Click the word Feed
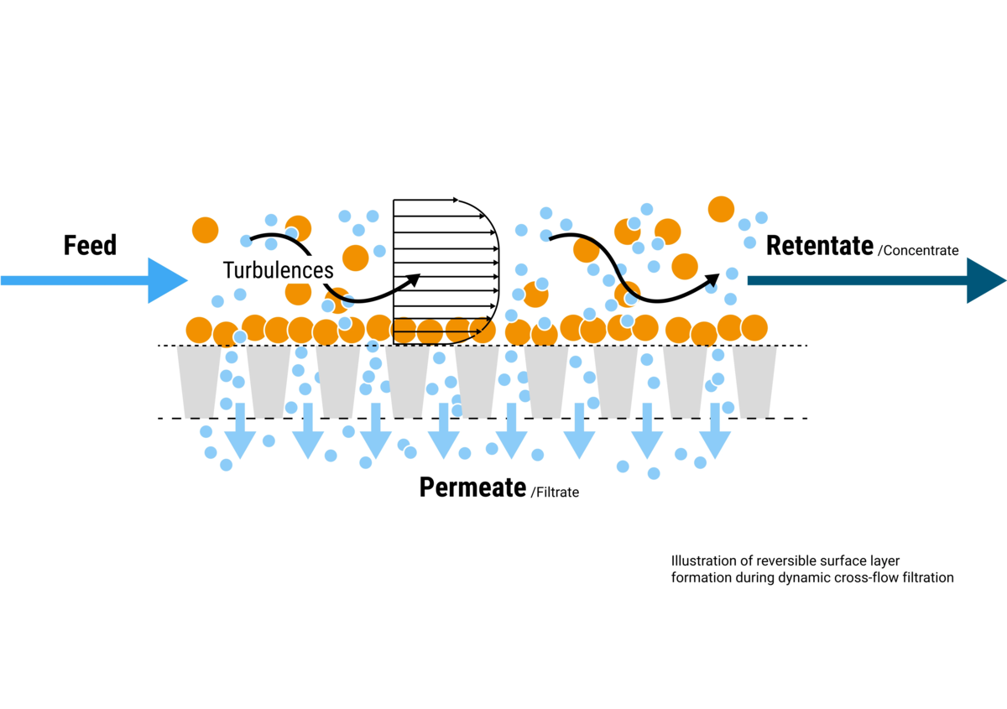90,245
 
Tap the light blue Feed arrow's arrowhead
168,279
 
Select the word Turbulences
279,270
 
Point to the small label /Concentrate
917,250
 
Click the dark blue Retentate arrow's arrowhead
986,279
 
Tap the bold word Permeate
472,487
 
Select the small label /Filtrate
555,493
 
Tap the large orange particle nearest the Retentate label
721,209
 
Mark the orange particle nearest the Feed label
205,229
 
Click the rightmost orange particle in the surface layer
754,327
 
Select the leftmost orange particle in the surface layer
199,331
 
